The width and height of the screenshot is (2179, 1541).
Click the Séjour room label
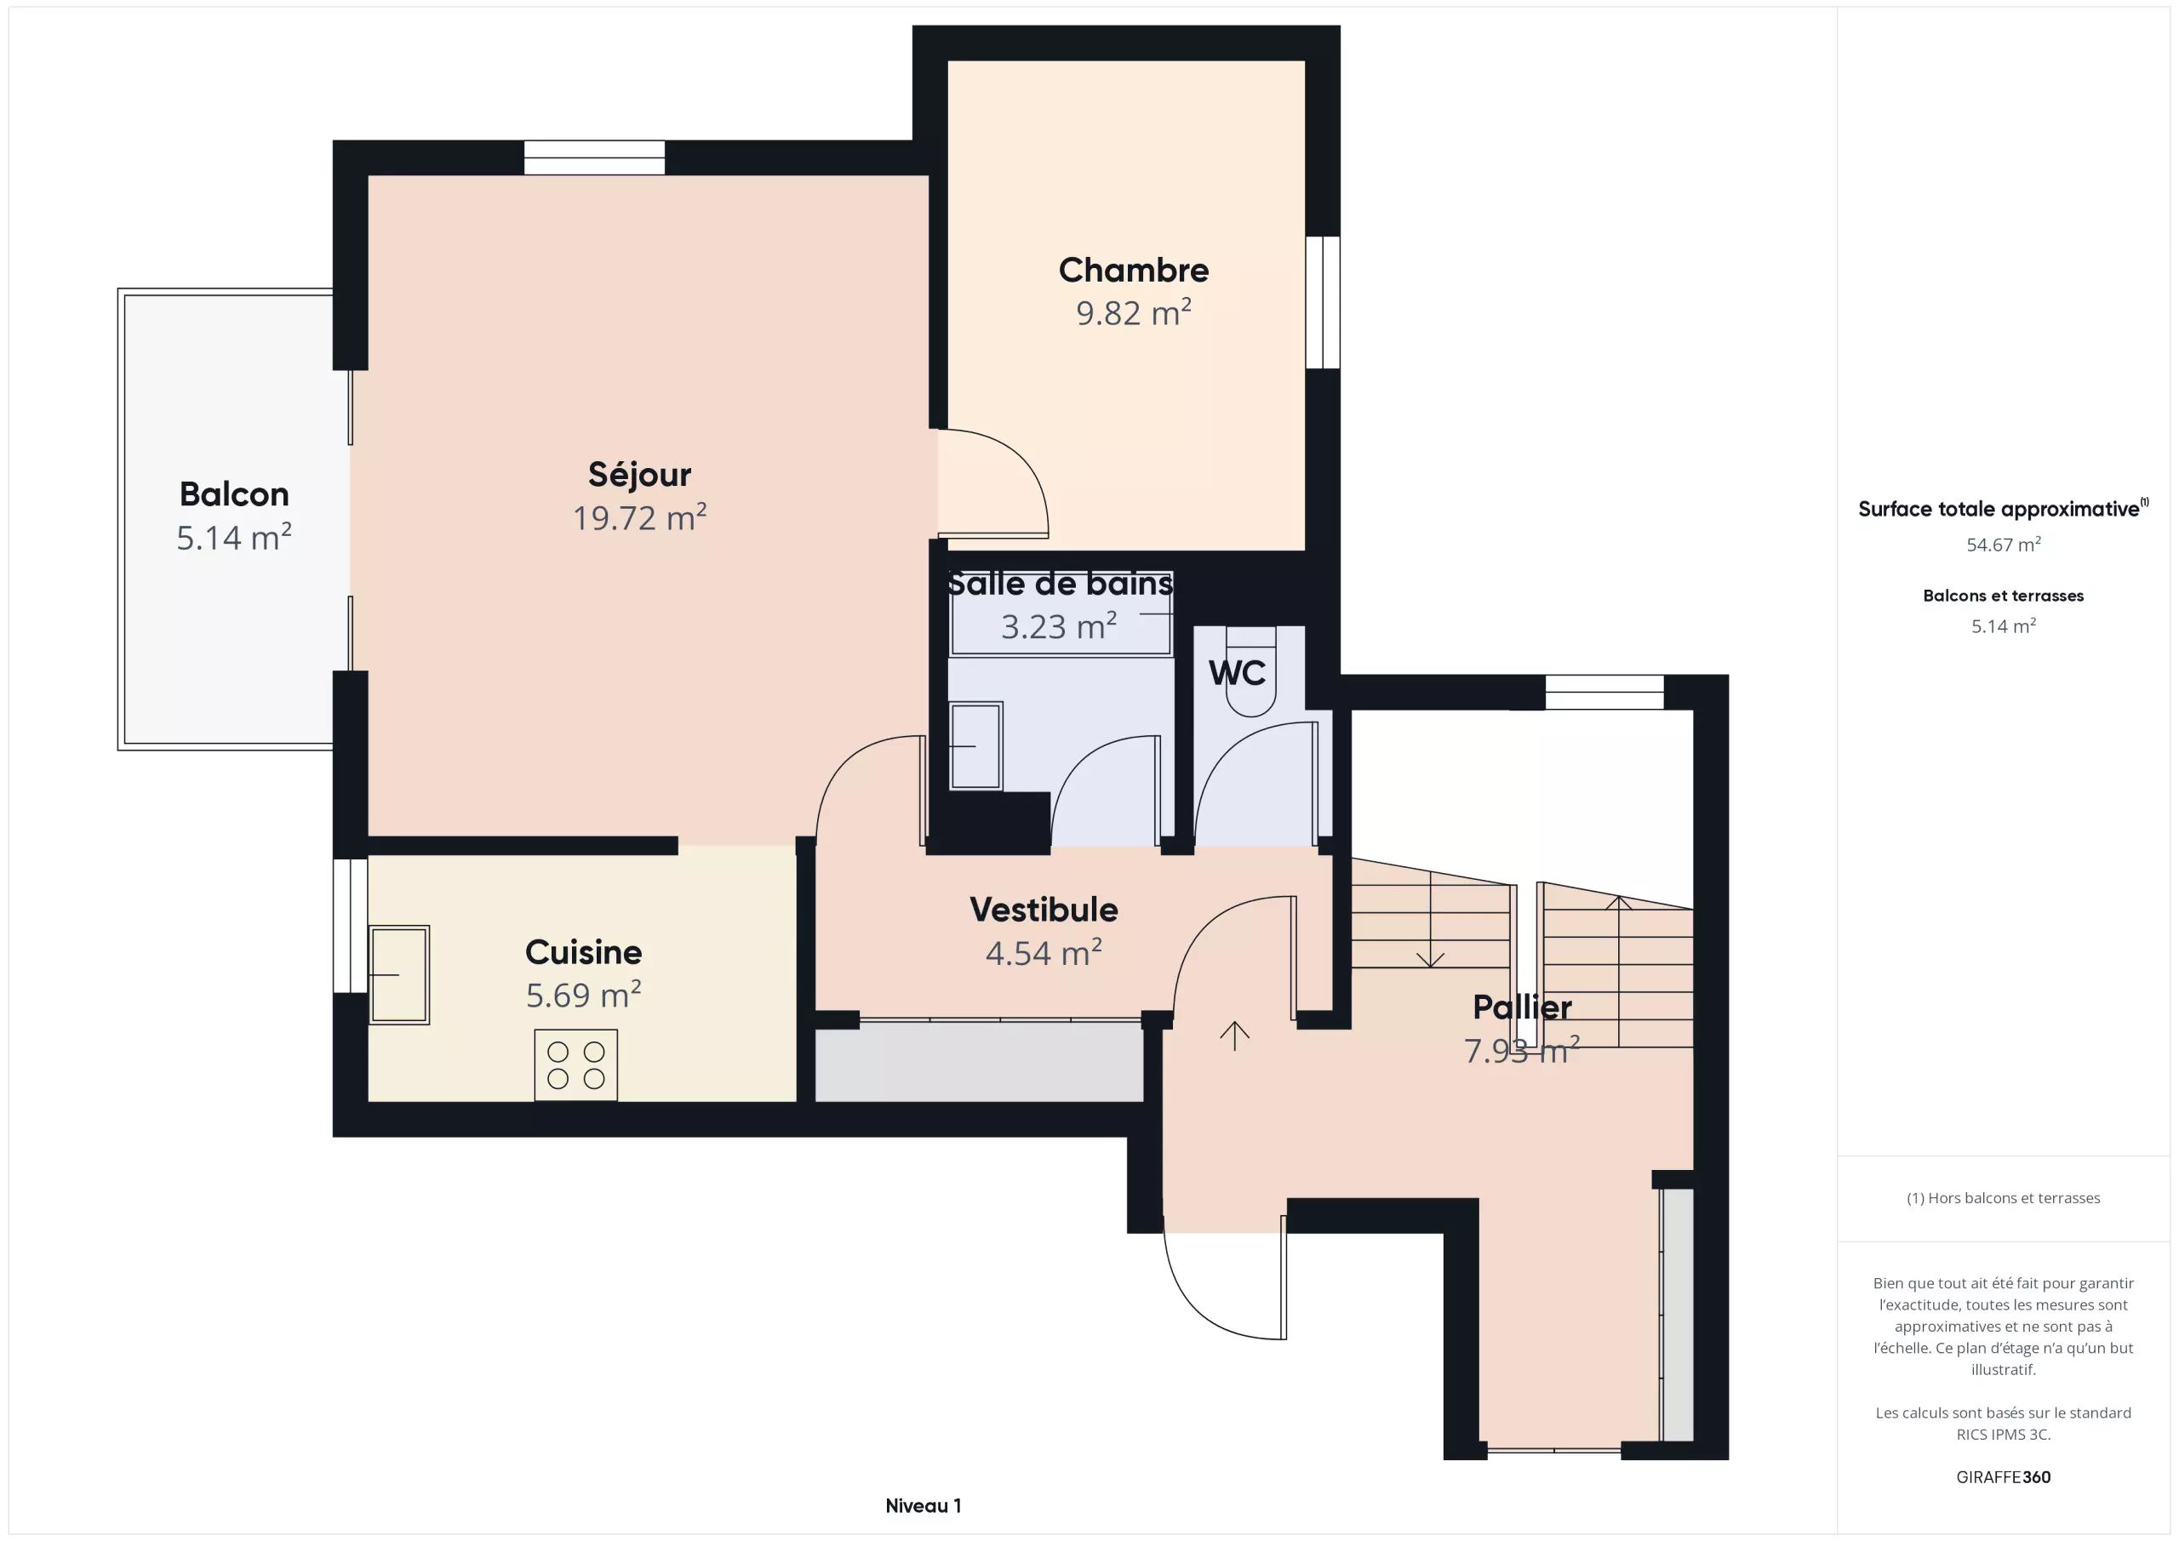pyautogui.click(x=638, y=475)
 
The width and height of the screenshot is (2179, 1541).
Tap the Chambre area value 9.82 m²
pyautogui.click(x=1133, y=312)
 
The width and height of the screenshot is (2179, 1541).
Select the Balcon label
pyautogui.click(x=233, y=494)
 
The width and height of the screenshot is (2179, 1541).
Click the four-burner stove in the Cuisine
pyautogui.click(x=576, y=1064)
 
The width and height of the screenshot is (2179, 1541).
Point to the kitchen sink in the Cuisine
pyautogui.click(x=398, y=974)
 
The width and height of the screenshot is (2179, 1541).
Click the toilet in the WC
pyautogui.click(x=1251, y=671)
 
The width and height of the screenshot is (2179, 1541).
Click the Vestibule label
pyautogui.click(x=1044, y=909)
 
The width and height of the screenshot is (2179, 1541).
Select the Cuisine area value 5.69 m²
pyautogui.click(x=584, y=995)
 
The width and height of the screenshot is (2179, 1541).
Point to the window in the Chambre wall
pyautogui.click(x=1323, y=302)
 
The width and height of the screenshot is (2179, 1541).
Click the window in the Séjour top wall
pyautogui.click(x=594, y=157)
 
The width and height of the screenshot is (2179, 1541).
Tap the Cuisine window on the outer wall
pyautogui.click(x=350, y=925)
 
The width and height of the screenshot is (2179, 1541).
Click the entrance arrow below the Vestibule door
pyautogui.click(x=1233, y=1036)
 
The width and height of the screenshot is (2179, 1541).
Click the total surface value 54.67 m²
pyautogui.click(x=2003, y=545)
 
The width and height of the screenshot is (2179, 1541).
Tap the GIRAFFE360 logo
pyautogui.click(x=2003, y=1477)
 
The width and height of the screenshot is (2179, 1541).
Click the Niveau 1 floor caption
pyautogui.click(x=923, y=1506)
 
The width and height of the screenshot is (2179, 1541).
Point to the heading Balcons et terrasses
pyautogui.click(x=2003, y=596)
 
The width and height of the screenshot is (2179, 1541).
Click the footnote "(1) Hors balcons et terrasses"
pyautogui.click(x=2003, y=1198)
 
